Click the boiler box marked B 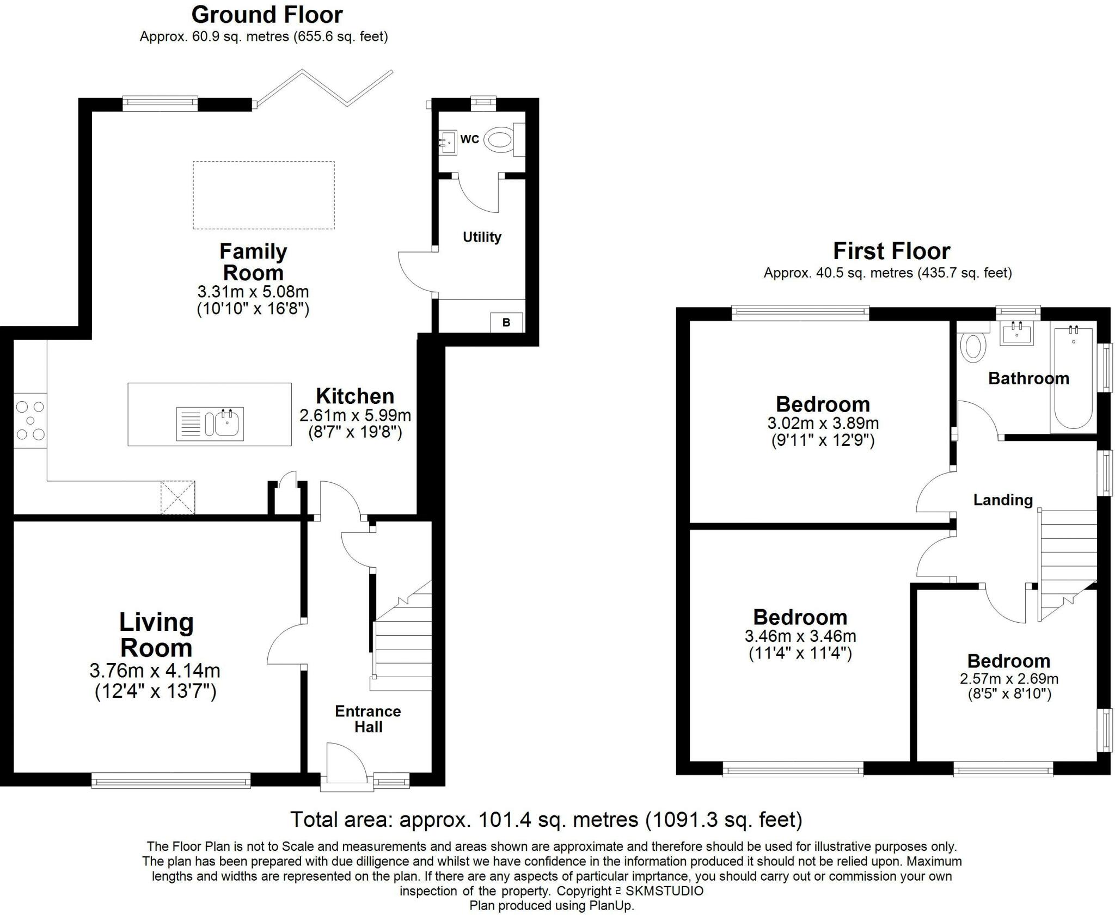pos(506,322)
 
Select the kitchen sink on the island pos(210,423)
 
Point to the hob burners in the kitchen pos(30,420)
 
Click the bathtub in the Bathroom pos(1074,378)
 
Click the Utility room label pos(482,237)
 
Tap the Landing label pos(1003,500)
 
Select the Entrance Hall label pos(368,719)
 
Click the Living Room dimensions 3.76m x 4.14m pos(155,671)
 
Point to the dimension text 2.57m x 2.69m pos(1009,679)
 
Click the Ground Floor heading pos(267,15)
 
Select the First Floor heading pos(892,251)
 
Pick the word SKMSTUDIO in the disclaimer pos(664,891)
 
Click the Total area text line pos(546,819)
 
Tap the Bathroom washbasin pos(1016,333)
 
